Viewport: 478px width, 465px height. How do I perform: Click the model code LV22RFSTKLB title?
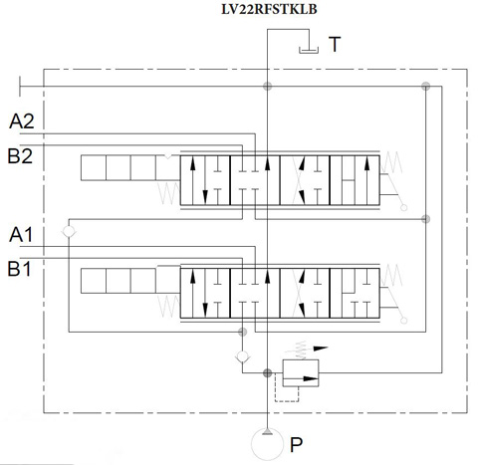click(x=269, y=9)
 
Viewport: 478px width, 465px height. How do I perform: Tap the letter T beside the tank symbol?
click(x=335, y=44)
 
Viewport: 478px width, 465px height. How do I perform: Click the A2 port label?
click(x=22, y=121)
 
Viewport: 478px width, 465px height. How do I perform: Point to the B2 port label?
click(x=20, y=156)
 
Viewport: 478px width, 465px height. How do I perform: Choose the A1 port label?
click(x=21, y=235)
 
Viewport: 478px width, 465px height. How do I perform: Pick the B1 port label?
click(x=19, y=269)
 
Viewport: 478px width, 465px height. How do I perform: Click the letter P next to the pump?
click(x=296, y=445)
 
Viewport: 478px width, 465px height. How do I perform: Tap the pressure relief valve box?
click(x=301, y=373)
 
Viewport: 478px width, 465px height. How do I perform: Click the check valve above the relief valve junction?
click(x=243, y=356)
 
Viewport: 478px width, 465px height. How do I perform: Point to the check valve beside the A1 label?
click(x=69, y=231)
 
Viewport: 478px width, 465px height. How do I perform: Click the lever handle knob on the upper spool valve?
click(x=404, y=208)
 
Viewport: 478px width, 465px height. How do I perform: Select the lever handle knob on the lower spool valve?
click(x=404, y=321)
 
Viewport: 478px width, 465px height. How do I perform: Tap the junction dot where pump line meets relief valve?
click(x=267, y=372)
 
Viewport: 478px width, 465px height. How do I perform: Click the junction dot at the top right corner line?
click(x=426, y=87)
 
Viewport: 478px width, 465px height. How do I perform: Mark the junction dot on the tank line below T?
click(x=267, y=87)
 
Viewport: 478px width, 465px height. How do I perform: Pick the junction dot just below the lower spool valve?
click(x=243, y=332)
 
